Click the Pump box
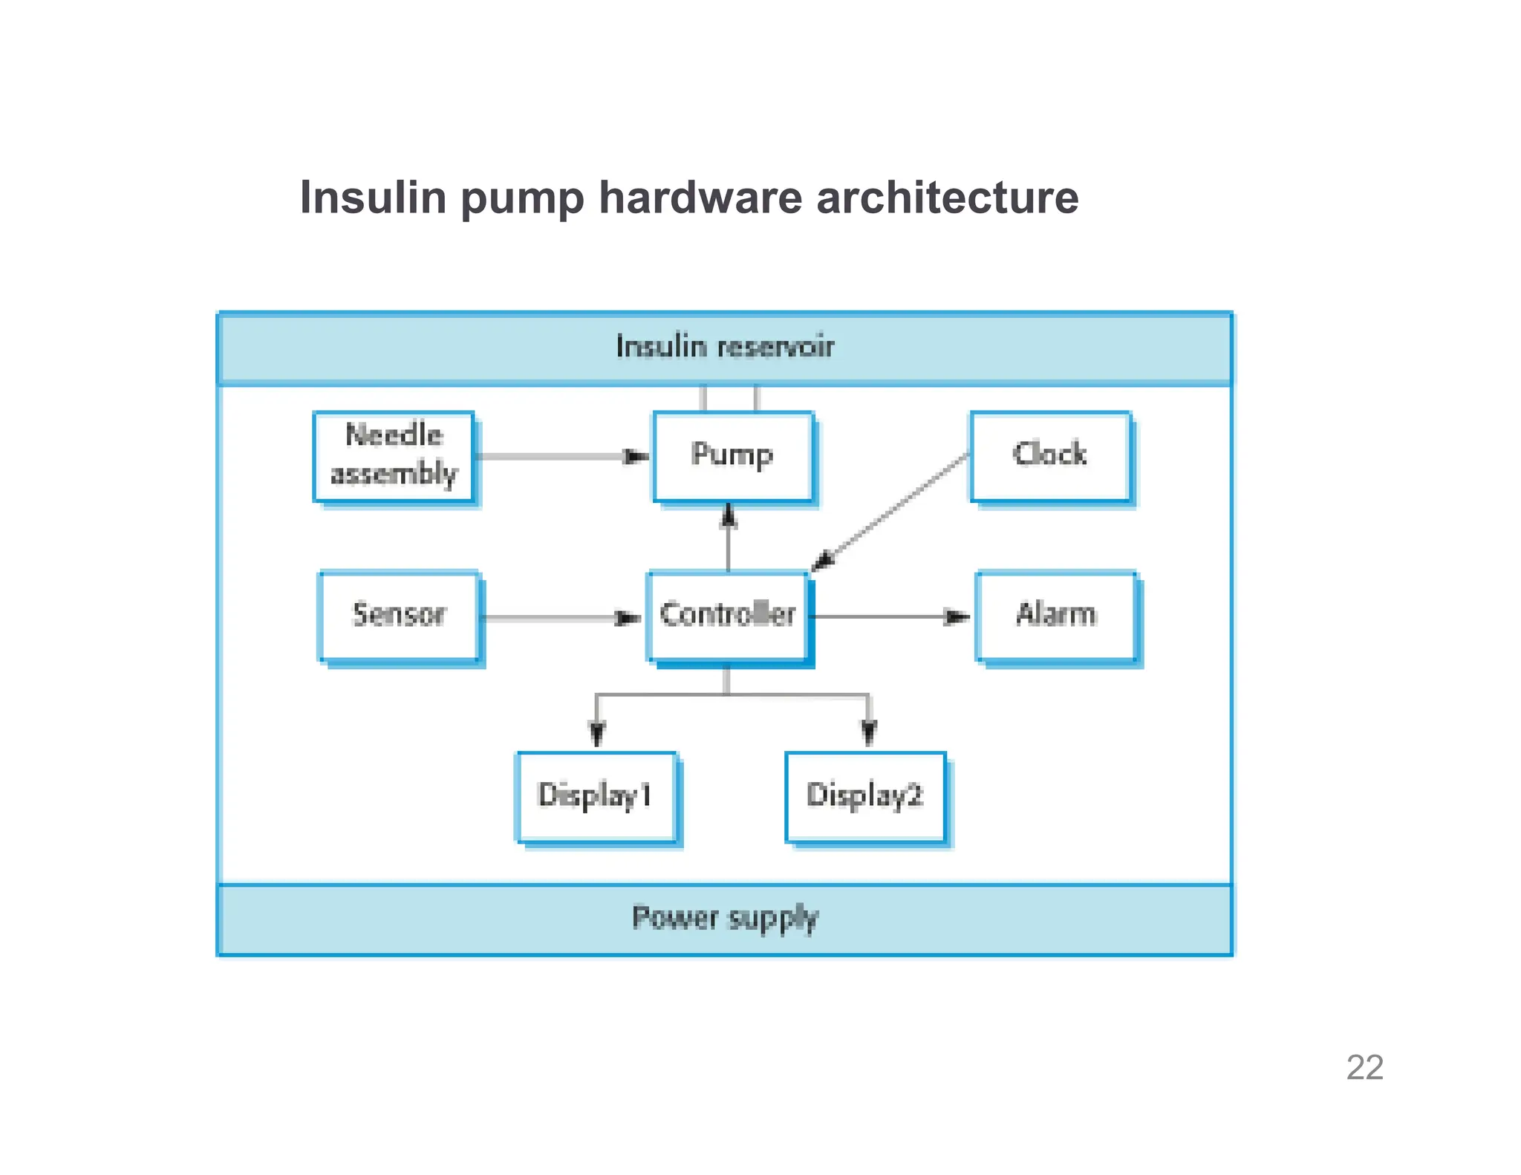point(732,455)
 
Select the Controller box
point(727,615)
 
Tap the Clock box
point(1050,455)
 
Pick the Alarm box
point(1055,615)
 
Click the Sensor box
point(399,615)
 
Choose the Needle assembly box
point(394,455)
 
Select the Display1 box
point(596,796)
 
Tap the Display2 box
point(865,796)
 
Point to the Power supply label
point(725,918)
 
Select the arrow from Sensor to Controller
point(557,617)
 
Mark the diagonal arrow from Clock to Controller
point(891,512)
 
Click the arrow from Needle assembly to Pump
point(557,456)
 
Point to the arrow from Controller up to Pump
point(729,538)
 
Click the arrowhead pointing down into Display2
point(869,732)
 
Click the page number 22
point(1364,1067)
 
